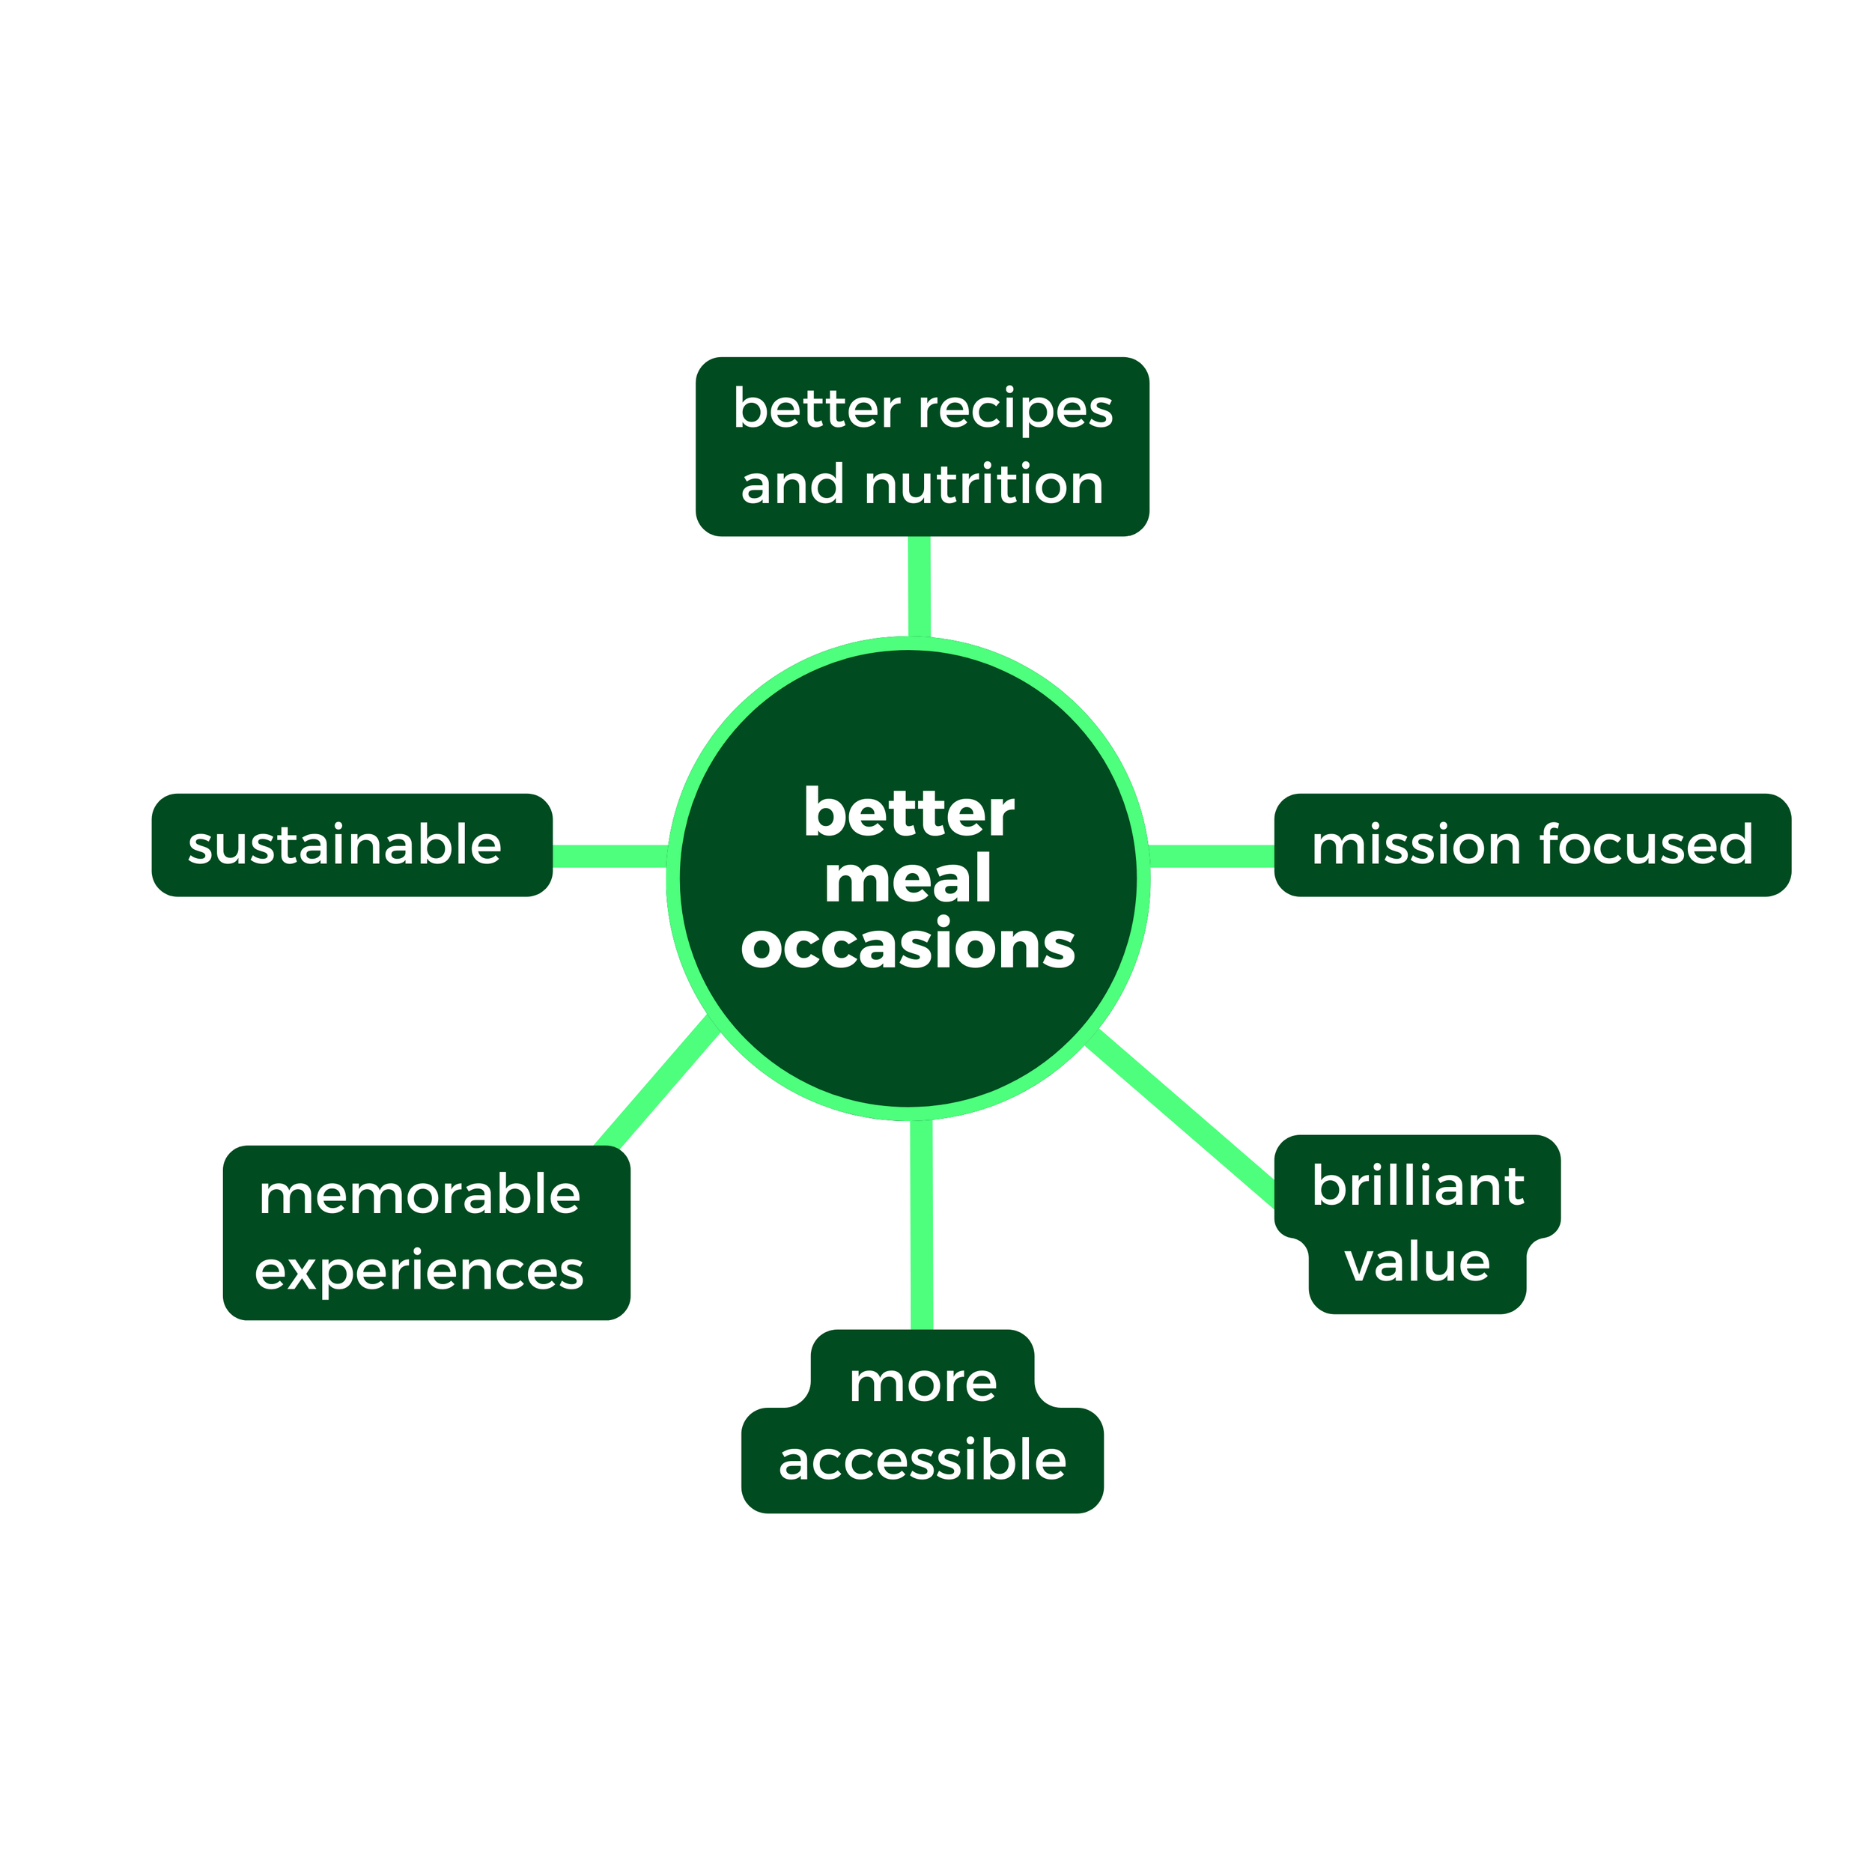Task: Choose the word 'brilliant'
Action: [x=1417, y=1186]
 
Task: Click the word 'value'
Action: [x=1417, y=1262]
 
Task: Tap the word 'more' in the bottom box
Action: [x=923, y=1383]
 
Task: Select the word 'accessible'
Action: [x=923, y=1460]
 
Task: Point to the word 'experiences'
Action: [x=419, y=1271]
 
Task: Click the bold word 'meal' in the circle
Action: [x=908, y=879]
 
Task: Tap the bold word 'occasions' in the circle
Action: [x=908, y=946]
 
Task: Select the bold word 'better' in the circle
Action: [x=908, y=813]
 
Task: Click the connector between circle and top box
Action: [x=920, y=586]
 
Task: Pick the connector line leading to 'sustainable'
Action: [x=610, y=857]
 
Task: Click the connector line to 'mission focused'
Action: [x=1211, y=857]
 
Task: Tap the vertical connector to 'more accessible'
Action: [x=922, y=1226]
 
